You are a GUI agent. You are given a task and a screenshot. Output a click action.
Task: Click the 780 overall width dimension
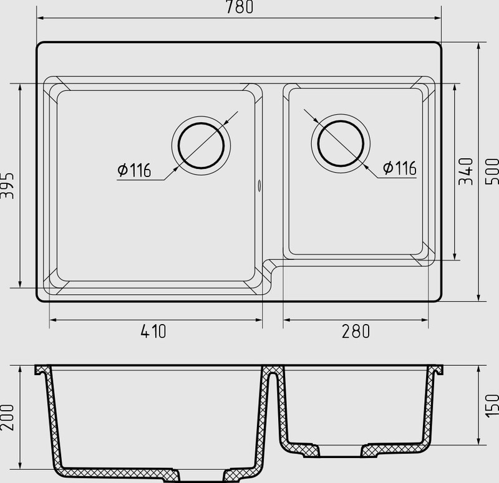(240, 7)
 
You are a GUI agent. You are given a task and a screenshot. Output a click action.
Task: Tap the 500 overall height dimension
(492, 172)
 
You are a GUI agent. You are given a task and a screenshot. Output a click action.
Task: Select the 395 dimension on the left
(7, 186)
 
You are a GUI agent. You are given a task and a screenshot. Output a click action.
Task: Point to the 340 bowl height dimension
(466, 171)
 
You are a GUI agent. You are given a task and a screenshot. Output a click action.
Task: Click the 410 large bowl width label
(153, 332)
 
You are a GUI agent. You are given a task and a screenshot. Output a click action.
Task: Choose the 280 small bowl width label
(356, 332)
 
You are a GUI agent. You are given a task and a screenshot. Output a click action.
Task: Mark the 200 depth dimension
(7, 418)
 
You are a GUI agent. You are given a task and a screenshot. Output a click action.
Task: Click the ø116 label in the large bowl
(134, 170)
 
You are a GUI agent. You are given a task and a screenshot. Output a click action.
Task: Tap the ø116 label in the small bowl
(399, 168)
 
